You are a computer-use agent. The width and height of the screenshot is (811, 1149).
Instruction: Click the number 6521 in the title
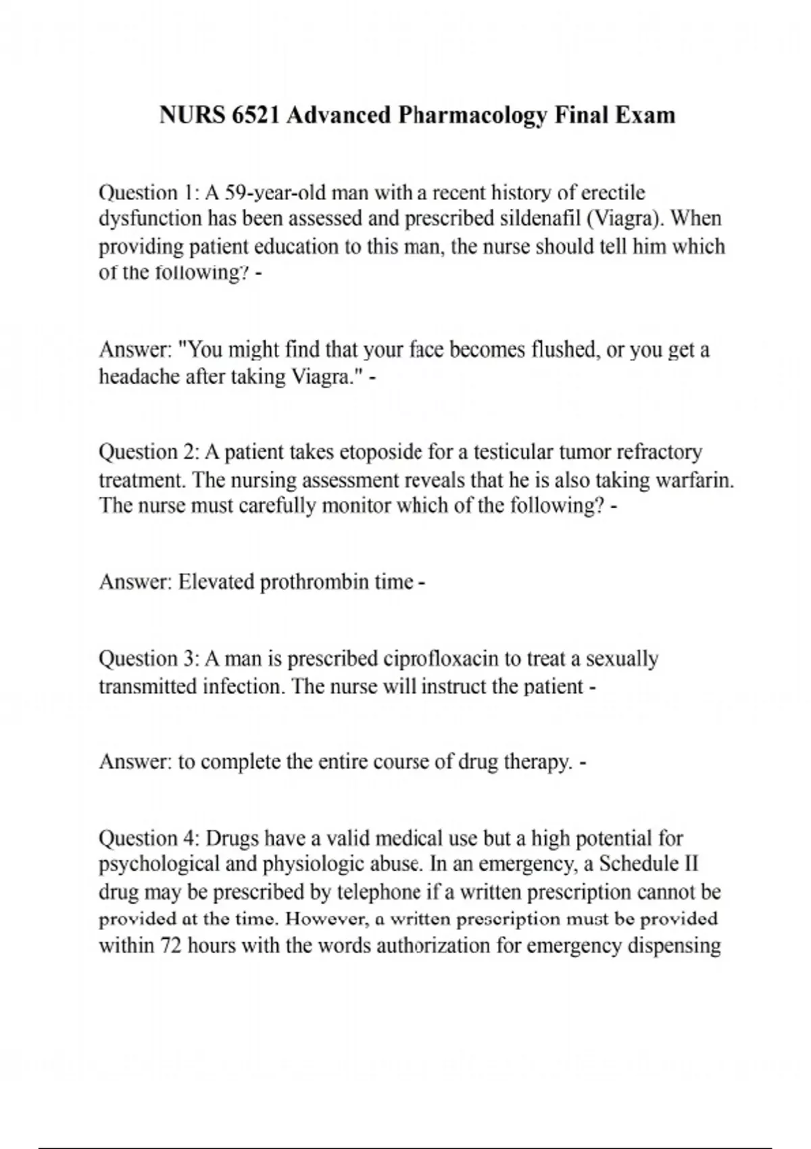(x=255, y=116)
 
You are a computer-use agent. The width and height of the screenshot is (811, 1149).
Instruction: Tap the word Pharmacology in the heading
(x=471, y=116)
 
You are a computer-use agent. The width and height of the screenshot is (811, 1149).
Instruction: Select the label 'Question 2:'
(x=148, y=451)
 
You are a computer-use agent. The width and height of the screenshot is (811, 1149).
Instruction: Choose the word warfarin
(x=698, y=480)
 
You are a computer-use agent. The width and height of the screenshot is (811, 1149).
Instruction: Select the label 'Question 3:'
(x=148, y=658)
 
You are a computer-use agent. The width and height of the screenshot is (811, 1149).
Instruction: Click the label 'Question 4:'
(x=148, y=839)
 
